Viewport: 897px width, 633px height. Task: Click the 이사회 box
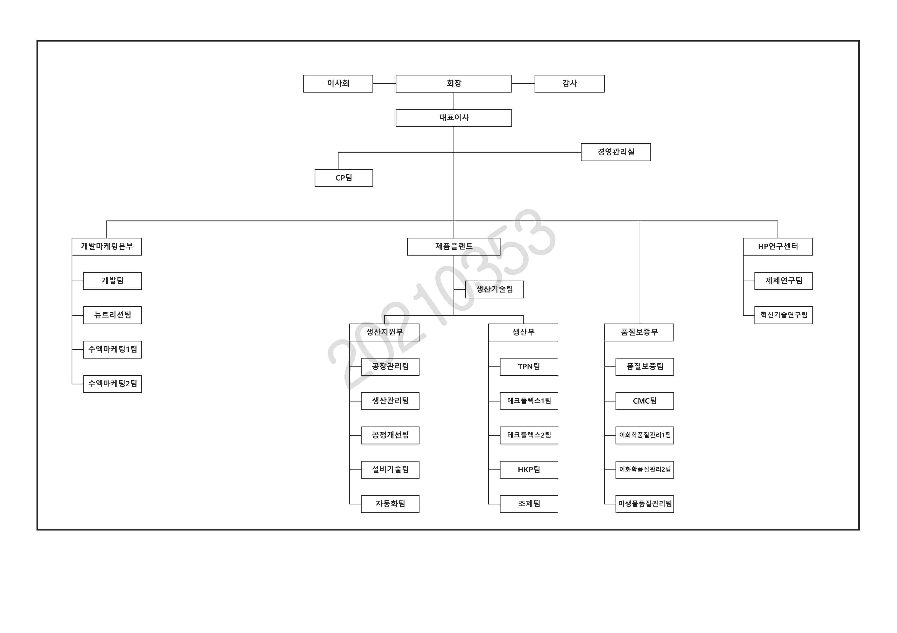pos(338,84)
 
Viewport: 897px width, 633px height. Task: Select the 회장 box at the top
pos(454,84)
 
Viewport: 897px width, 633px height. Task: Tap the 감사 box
pos(569,84)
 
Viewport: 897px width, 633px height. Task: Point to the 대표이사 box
pos(454,118)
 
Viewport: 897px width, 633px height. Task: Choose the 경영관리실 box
pos(616,152)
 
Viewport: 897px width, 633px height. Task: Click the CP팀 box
pos(344,178)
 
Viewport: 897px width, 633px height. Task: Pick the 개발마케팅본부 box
pos(107,247)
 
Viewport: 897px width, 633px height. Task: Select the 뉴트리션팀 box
pos(113,315)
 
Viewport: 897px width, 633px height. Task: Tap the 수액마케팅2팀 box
pos(113,384)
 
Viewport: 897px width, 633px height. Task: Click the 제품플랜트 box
pos(454,247)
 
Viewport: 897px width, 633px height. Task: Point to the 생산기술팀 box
pos(494,290)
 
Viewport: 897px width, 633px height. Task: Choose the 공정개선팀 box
pos(390,436)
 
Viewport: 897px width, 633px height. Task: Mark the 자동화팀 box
pos(390,504)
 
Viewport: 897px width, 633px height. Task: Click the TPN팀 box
pos(529,367)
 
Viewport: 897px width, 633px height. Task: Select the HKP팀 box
pos(529,470)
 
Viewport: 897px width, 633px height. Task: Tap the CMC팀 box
pos(645,401)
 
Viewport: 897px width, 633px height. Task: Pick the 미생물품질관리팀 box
pos(645,504)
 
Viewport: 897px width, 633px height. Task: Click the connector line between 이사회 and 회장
pos(384,84)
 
